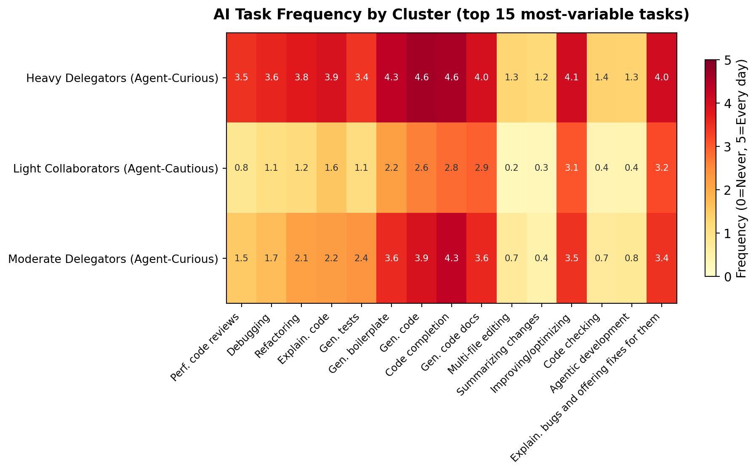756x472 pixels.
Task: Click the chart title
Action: tap(451, 15)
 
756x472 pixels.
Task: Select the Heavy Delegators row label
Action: tap(122, 78)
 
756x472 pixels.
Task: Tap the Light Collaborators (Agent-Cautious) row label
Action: tap(116, 168)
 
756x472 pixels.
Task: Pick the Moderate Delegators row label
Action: tap(113, 259)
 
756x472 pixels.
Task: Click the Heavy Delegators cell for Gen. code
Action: tap(422, 78)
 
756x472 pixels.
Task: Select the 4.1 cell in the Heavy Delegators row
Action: tap(572, 78)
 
